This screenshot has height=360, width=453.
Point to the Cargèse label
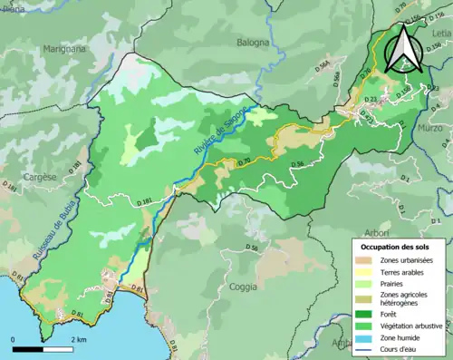[41, 177]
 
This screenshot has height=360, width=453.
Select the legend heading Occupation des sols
[394, 246]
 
